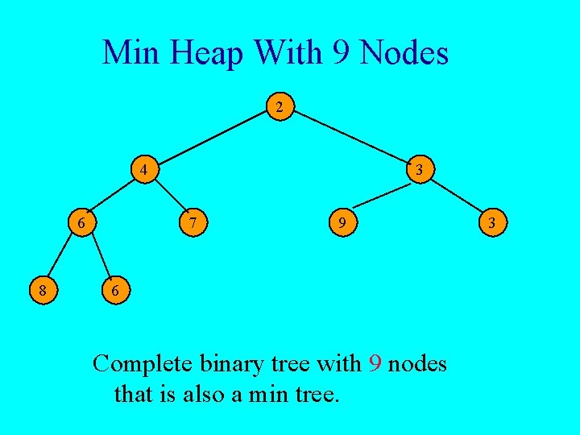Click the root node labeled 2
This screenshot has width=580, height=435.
(279, 106)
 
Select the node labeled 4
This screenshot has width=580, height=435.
(143, 170)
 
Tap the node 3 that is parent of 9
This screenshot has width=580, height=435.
(420, 170)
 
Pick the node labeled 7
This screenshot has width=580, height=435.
(192, 222)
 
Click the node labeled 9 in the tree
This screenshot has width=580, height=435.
(343, 222)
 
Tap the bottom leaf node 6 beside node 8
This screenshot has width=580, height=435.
(115, 290)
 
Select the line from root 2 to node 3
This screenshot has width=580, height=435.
(350, 138)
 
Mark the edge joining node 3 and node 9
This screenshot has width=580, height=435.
(382, 196)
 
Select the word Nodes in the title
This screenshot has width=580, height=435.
(405, 53)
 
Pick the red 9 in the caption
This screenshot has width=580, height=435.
(375, 364)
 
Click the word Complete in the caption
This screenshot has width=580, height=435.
(142, 364)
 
